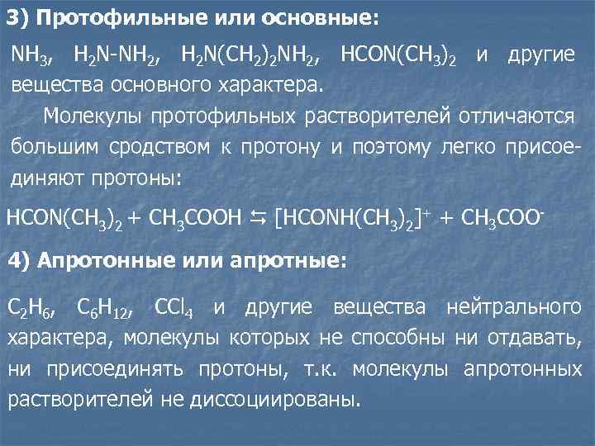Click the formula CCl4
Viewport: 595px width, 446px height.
click(174, 309)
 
